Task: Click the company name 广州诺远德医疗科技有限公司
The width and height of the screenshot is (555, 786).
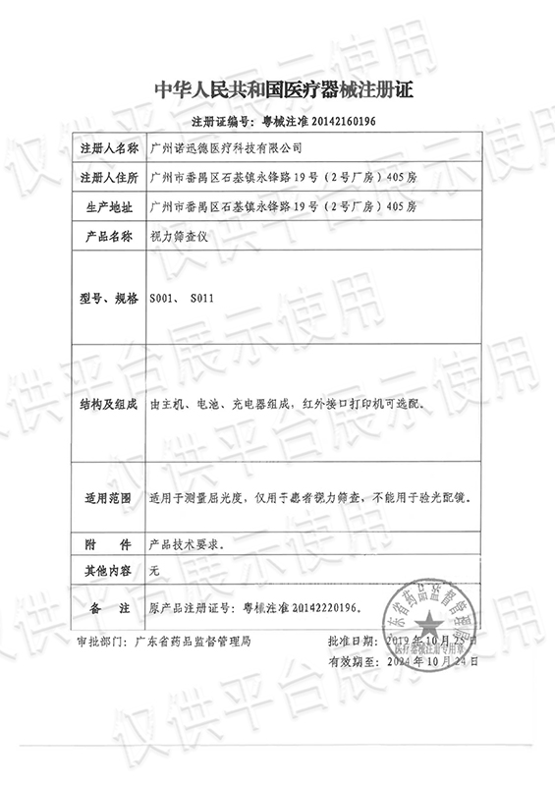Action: pyautogui.click(x=224, y=147)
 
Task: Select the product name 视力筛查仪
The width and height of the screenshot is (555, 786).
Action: pyautogui.click(x=176, y=238)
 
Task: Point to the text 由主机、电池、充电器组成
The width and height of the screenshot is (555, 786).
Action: pyautogui.click(x=219, y=404)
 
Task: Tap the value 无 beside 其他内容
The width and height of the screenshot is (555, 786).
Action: pyautogui.click(x=153, y=570)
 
